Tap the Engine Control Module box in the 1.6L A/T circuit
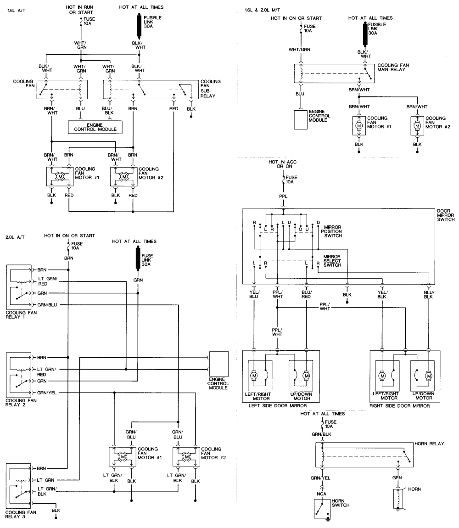tap(95, 127)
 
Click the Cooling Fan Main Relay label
tap(393, 68)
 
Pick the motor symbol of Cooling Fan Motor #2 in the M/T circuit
tap(417, 125)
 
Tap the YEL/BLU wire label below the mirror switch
tap(254, 294)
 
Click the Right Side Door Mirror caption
tap(399, 406)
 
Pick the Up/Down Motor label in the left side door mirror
tap(302, 397)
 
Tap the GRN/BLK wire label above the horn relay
tap(322, 433)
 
